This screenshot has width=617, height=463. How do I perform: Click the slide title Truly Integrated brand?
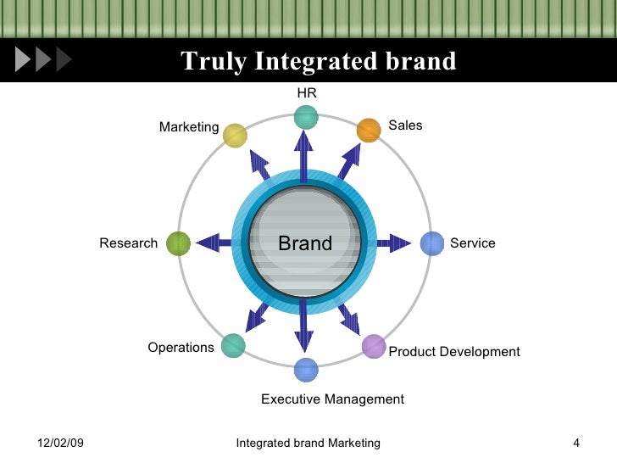pyautogui.click(x=318, y=62)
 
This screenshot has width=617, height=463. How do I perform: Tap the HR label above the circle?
pyautogui.click(x=306, y=92)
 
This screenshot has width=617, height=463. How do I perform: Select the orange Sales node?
pyautogui.click(x=369, y=130)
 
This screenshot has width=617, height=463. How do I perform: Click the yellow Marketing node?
pyautogui.click(x=235, y=136)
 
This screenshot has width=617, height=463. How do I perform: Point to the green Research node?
pyautogui.click(x=178, y=243)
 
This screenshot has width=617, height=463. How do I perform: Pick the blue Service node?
pyautogui.click(x=432, y=243)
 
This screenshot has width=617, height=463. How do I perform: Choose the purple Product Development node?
pyautogui.click(x=374, y=346)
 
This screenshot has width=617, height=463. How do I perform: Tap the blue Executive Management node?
pyautogui.click(x=306, y=370)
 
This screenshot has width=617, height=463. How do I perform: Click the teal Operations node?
pyautogui.click(x=233, y=345)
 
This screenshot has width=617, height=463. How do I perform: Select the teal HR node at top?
pyautogui.click(x=306, y=116)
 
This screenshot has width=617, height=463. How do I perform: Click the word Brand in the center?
pyautogui.click(x=305, y=244)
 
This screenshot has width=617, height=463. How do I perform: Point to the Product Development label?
pyautogui.click(x=453, y=352)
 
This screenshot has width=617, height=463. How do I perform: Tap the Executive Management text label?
pyautogui.click(x=332, y=399)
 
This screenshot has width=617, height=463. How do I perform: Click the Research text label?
pyautogui.click(x=129, y=243)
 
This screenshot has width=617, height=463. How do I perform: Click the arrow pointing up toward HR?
pyautogui.click(x=303, y=153)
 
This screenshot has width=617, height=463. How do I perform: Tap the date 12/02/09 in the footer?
pyautogui.click(x=62, y=443)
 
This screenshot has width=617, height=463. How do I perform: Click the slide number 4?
pyautogui.click(x=576, y=443)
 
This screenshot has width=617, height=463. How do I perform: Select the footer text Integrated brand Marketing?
pyautogui.click(x=308, y=443)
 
